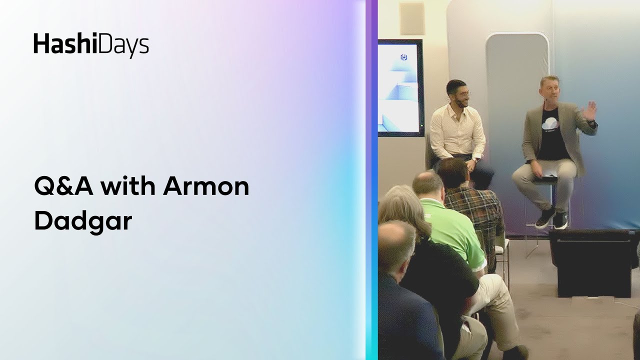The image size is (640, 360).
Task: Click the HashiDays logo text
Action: pos(91,45)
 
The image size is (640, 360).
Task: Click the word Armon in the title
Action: pos(206,187)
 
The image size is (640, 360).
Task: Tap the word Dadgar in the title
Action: pos(83,220)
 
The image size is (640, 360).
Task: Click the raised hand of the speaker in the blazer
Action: pos(590,110)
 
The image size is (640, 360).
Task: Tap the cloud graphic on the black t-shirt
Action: pos(551,122)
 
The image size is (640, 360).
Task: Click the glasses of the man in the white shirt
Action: pos(463,93)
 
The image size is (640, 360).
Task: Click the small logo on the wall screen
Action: pos(404,57)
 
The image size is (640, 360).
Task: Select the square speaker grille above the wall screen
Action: pos(412,19)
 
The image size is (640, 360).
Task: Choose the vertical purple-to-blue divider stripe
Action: pos(371,180)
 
